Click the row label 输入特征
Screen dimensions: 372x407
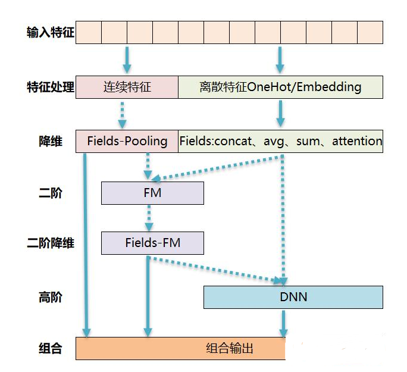click(51, 32)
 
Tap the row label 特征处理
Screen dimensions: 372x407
click(51, 87)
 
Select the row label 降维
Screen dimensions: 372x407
click(51, 141)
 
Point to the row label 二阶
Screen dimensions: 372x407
click(51, 193)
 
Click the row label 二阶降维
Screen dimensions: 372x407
click(51, 243)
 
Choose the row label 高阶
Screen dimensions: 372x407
click(51, 296)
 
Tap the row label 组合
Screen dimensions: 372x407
click(51, 348)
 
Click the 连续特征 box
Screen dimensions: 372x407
click(127, 87)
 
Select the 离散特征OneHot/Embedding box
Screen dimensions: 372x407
click(280, 87)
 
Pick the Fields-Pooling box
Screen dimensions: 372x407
click(127, 141)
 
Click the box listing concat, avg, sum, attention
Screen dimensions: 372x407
click(280, 141)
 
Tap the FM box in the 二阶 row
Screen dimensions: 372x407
click(152, 193)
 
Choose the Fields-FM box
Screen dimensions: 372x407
click(152, 243)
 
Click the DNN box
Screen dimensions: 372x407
click(293, 296)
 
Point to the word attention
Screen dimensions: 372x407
click(357, 141)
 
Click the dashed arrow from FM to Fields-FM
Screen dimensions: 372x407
click(149, 218)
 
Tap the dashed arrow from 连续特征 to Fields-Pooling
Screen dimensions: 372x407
click(123, 114)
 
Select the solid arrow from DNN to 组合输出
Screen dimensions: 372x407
click(284, 323)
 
